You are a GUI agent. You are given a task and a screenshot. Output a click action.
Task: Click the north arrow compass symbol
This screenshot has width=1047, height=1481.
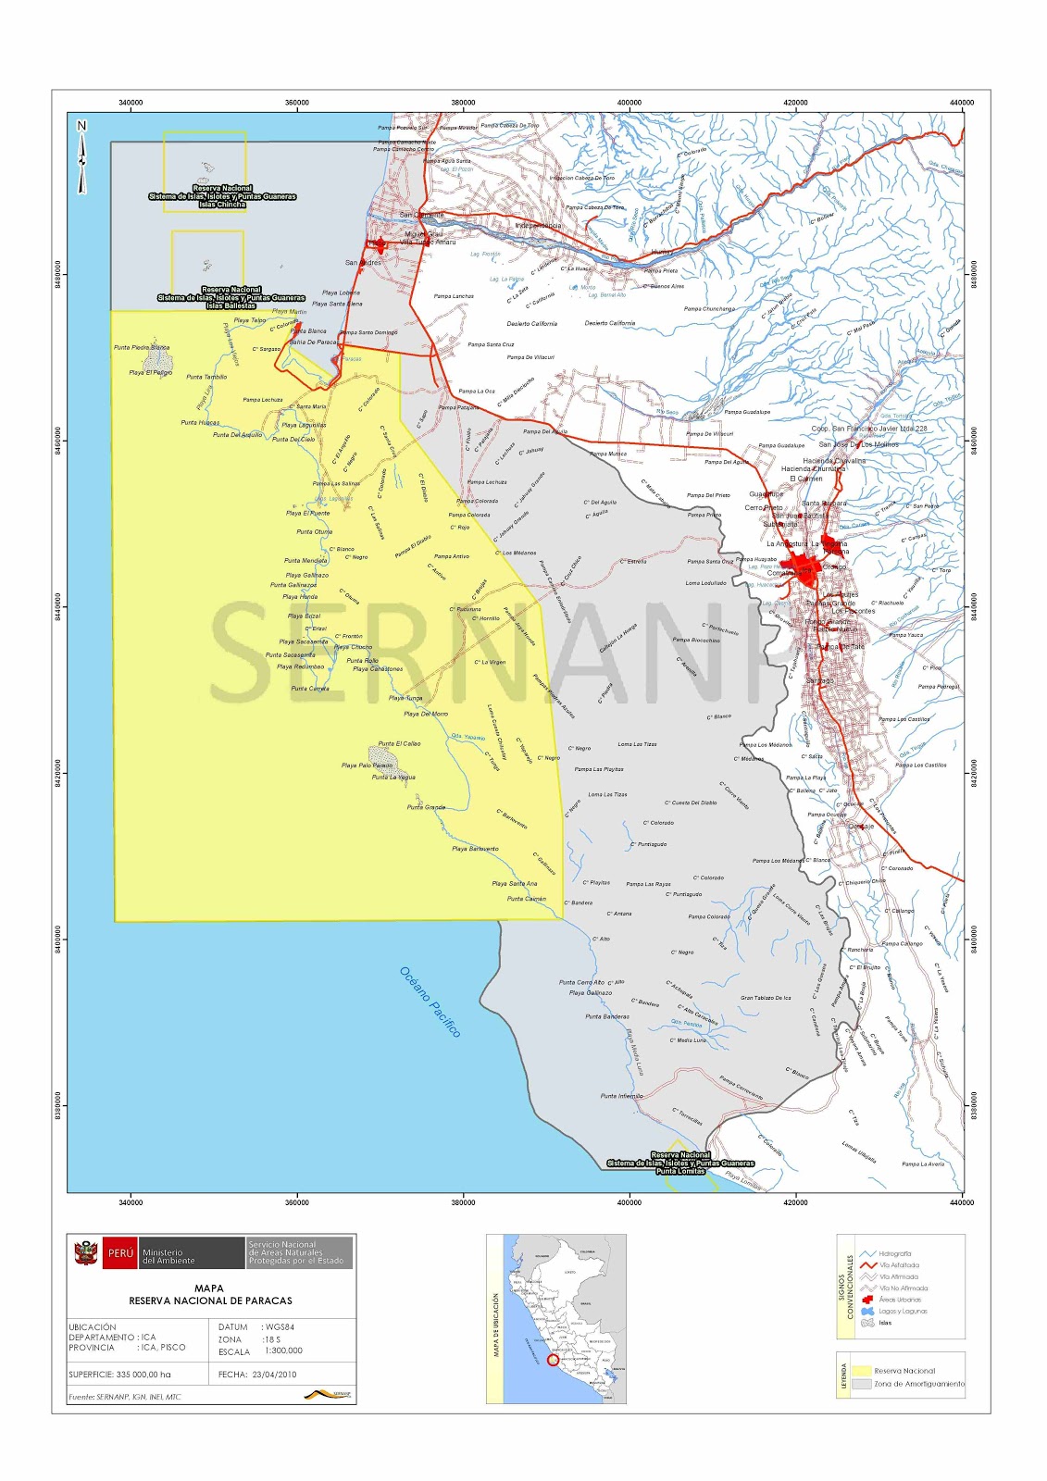81,157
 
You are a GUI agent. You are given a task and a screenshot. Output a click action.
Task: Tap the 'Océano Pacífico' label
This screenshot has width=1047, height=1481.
430,1002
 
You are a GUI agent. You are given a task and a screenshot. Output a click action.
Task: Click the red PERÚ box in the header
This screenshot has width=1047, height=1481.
120,1253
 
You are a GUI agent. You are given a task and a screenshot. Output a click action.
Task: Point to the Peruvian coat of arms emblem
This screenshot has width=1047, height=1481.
86,1253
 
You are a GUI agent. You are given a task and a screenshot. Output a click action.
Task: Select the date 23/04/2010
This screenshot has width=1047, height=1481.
274,1375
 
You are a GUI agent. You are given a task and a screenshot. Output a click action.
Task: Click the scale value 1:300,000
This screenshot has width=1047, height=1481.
283,1350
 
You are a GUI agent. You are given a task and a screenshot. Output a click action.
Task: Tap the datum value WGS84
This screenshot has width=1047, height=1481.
279,1326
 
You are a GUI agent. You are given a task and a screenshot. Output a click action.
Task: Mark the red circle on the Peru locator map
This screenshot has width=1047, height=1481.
554,1360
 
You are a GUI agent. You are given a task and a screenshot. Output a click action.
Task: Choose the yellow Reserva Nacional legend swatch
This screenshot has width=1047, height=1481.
861,1371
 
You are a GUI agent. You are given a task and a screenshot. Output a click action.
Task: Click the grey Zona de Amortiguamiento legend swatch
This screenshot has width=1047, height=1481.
861,1384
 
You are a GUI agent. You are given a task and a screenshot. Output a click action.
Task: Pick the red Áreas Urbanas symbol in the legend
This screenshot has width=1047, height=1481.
867,1300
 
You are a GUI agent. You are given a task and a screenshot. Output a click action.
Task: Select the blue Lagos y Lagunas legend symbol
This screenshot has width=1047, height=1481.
867,1311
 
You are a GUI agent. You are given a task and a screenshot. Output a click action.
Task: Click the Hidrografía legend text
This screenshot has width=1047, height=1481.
895,1253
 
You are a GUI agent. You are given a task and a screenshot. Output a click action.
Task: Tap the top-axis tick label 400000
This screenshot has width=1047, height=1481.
629,103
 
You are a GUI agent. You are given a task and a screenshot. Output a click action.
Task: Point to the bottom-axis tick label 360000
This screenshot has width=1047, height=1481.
297,1202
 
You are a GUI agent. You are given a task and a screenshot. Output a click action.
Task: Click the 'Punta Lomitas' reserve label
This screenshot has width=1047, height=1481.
680,1172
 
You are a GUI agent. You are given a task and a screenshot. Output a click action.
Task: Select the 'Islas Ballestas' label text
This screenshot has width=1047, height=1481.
231,305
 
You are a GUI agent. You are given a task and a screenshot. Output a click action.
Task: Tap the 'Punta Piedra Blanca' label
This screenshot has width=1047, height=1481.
141,347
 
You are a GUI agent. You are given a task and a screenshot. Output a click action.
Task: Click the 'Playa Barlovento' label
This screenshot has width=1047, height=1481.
475,849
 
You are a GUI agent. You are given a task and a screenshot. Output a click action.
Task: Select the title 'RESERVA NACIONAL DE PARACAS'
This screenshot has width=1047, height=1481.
210,1301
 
